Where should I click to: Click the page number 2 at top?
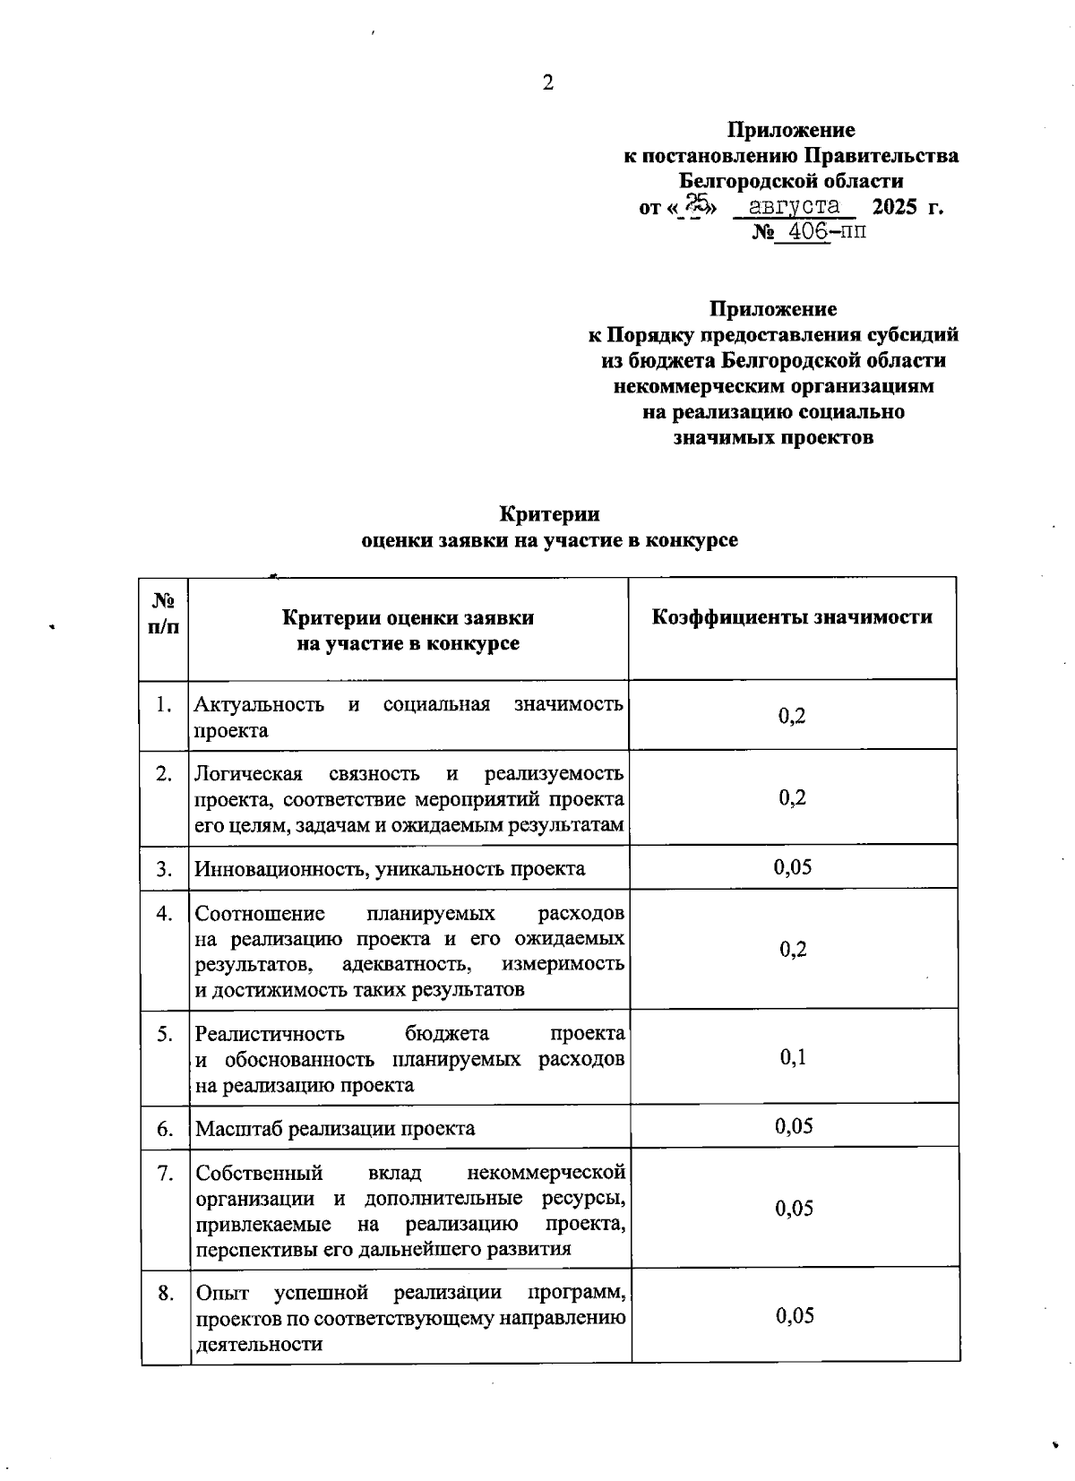[547, 83]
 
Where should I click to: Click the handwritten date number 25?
[697, 205]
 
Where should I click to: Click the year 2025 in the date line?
[895, 207]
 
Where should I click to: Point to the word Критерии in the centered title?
[549, 514]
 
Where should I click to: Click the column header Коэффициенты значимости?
[792, 617]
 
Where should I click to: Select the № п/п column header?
[164, 614]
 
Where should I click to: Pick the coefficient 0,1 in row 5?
[793, 1057]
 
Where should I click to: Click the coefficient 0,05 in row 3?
[793, 866]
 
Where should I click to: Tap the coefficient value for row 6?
[793, 1126]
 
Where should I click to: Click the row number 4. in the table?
[165, 914]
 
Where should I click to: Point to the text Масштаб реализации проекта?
[335, 1128]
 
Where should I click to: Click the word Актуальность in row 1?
[260, 704]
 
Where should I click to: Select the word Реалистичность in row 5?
[270, 1034]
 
